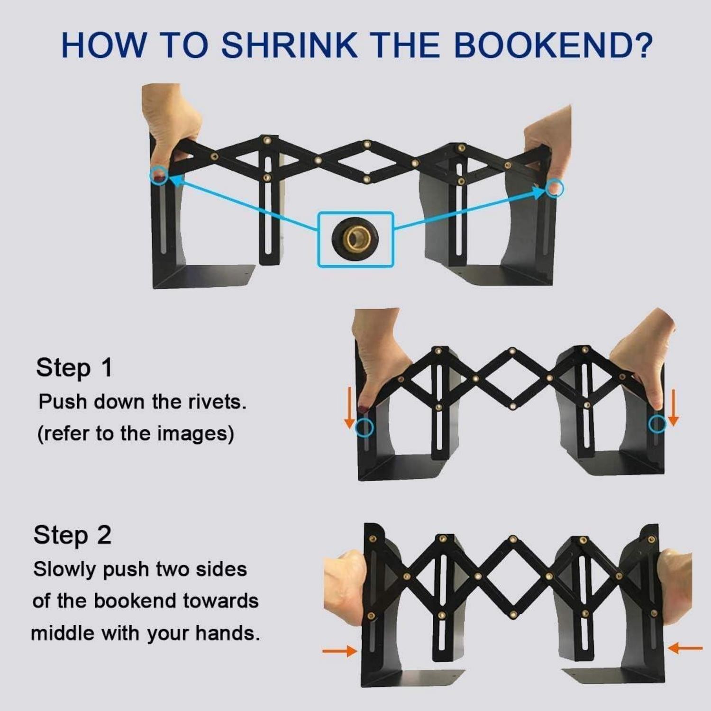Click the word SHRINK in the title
point(289,45)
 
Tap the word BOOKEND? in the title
point(553,45)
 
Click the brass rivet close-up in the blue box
point(355,238)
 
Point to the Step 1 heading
point(74,368)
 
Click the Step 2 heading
point(73,535)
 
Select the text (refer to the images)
point(136,433)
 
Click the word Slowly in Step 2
point(65,569)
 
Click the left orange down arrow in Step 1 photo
point(349,408)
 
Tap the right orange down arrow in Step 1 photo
point(673,408)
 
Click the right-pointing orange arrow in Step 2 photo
point(340,651)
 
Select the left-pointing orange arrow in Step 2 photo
point(684,647)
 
